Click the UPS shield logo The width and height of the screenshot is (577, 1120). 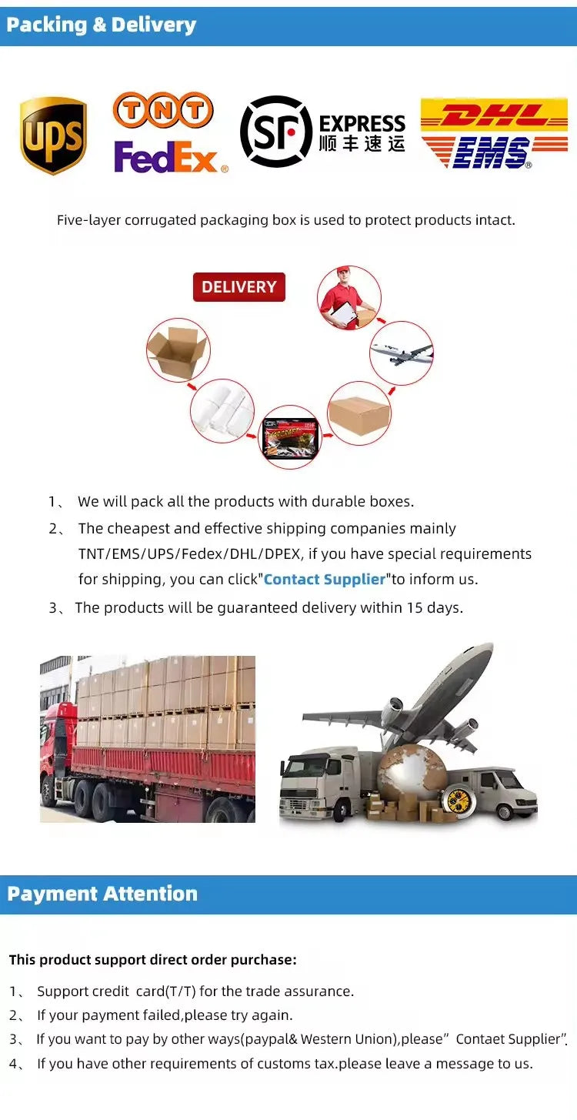coord(53,135)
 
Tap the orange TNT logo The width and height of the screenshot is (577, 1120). coord(163,110)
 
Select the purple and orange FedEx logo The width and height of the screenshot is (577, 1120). coord(170,156)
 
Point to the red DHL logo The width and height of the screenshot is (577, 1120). coord(494,115)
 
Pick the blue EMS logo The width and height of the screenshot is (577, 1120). coord(495,152)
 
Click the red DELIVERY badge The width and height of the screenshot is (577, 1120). coord(238,287)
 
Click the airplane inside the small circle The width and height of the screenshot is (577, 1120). coord(402,353)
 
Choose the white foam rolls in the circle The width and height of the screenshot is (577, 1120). coord(223,411)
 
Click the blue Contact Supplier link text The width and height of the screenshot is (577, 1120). coord(325,579)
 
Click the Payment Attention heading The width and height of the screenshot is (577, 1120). coord(102,894)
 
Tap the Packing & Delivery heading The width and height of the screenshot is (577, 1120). coord(101,25)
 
